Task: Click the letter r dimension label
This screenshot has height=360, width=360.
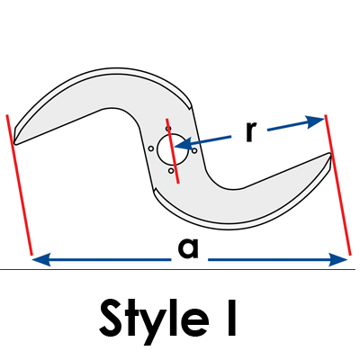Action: pyautogui.click(x=251, y=132)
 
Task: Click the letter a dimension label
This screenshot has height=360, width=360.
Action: pyautogui.click(x=188, y=248)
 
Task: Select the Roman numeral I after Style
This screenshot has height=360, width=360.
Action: pyautogui.click(x=231, y=318)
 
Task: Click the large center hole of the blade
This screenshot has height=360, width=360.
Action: pyautogui.click(x=173, y=149)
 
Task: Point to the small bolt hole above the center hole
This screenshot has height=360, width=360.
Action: pyautogui.click(x=168, y=129)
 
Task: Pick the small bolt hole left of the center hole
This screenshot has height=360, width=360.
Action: pyautogui.click(x=151, y=148)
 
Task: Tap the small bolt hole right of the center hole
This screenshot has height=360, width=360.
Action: pyautogui.click(x=194, y=150)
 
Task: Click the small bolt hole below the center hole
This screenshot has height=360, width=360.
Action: pyautogui.click(x=171, y=171)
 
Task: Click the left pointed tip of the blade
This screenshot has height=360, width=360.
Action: pyautogui.click(x=15, y=143)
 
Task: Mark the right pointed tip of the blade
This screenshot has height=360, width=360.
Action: pyautogui.click(x=330, y=154)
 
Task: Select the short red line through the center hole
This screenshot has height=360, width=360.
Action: pyautogui.click(x=173, y=151)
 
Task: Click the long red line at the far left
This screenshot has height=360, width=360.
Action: pyautogui.click(x=19, y=184)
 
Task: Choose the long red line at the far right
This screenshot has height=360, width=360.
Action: pyautogui.click(x=337, y=184)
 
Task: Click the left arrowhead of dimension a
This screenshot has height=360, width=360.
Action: pyautogui.click(x=40, y=259)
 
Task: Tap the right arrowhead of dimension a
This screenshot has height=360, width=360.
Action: pyautogui.click(x=338, y=259)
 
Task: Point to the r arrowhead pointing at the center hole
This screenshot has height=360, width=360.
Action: pyautogui.click(x=183, y=144)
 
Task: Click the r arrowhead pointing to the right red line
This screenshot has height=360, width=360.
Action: pyautogui.click(x=316, y=121)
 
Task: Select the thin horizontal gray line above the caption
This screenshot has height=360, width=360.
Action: pyautogui.click(x=180, y=269)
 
